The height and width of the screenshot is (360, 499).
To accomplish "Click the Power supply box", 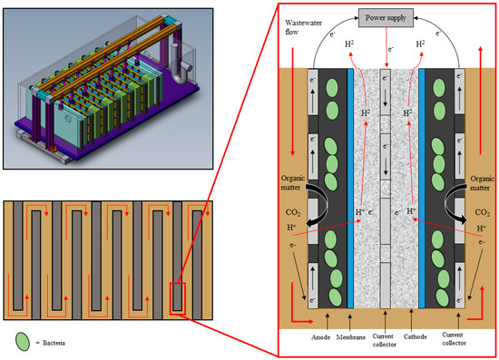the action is click(386, 18).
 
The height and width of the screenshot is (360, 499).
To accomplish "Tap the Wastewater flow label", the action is click(298, 27).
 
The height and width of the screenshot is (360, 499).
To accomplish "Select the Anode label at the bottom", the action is click(320, 337).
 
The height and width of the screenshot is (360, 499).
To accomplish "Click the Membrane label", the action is click(351, 337).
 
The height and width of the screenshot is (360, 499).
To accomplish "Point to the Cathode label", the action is click(416, 336).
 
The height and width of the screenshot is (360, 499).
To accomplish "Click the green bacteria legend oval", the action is click(23, 342).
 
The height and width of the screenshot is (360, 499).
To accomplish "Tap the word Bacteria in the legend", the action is click(54, 343).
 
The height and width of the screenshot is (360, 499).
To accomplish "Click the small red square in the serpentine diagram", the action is click(178, 298).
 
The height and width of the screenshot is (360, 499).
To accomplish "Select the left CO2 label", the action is click(293, 212).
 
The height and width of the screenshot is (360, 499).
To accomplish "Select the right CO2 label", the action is click(482, 212).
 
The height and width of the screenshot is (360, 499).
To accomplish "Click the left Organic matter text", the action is click(293, 183).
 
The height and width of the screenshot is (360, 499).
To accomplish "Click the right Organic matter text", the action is click(482, 183).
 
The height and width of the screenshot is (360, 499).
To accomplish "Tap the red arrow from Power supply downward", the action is click(386, 47).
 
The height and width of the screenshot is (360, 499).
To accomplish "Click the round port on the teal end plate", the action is click(68, 119).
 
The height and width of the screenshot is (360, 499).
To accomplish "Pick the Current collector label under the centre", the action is click(385, 340).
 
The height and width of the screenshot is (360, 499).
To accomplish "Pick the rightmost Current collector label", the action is click(455, 339).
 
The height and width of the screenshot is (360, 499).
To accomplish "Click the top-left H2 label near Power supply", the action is click(349, 44).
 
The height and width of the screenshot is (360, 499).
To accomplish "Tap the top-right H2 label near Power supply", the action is click(420, 44).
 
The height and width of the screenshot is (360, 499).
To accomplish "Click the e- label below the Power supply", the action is click(391, 49).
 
